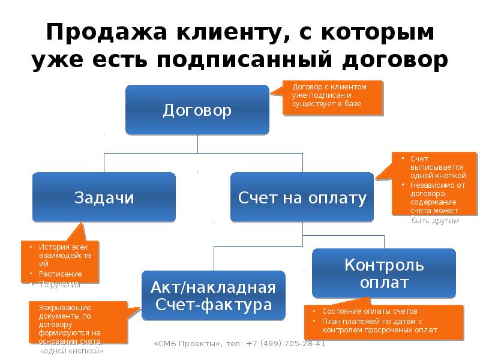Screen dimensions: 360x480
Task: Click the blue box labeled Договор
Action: coord(197,110)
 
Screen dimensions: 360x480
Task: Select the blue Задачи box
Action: coord(104,197)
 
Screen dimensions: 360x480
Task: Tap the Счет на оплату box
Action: coord(302,197)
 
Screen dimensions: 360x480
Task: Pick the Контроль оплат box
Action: coord(384,273)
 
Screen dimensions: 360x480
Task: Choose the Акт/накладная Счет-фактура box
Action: coord(214,295)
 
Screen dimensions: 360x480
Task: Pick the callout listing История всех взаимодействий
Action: coord(60,262)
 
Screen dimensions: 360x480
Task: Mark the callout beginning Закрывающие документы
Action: coord(79,322)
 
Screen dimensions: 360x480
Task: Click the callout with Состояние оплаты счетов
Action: coord(384,321)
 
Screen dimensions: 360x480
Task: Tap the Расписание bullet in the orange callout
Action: coord(61,274)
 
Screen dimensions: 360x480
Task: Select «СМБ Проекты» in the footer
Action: coord(187,344)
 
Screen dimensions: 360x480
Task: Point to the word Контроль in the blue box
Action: coord(384,265)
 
